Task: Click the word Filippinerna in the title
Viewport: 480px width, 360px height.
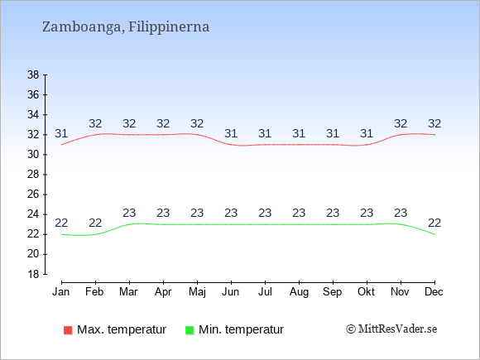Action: [169, 27]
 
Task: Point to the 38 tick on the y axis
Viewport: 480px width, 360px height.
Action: [34, 74]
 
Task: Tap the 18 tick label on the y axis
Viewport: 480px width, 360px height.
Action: [34, 274]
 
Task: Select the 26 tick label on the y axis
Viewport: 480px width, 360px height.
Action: [34, 194]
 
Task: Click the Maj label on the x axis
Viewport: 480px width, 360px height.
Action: [197, 292]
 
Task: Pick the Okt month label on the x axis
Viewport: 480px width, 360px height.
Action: [366, 292]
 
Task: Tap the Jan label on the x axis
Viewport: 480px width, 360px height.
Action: [61, 292]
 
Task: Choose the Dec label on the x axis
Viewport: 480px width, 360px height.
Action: [434, 292]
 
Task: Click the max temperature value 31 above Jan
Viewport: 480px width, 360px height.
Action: [61, 134]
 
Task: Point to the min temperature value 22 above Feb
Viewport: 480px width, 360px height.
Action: [95, 223]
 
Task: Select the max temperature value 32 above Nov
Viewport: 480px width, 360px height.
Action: [401, 123]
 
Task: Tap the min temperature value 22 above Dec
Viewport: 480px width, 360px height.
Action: [434, 223]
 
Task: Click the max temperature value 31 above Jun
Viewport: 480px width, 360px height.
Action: [231, 134]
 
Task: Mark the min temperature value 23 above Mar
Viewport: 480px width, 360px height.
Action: [129, 213]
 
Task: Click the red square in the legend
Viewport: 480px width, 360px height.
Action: [68, 330]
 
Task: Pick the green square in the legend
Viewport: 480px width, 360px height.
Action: [190, 330]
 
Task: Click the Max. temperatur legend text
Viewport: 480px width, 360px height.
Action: [122, 329]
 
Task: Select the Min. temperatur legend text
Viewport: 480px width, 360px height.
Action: [241, 329]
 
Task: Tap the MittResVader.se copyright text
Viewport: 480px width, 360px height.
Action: [391, 329]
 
